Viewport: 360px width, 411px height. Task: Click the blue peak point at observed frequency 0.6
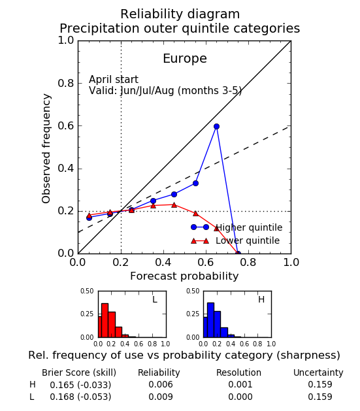coord(216,127)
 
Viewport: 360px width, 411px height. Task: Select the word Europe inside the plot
coord(185,59)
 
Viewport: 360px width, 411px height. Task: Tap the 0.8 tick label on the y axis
coord(66,84)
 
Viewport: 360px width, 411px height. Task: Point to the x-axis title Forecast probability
coord(184,276)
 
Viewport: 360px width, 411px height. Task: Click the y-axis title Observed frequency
coord(46,148)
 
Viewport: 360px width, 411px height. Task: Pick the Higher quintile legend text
coord(249,227)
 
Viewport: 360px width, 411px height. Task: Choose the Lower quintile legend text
coord(248,240)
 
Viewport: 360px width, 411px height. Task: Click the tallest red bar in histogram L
coord(105,320)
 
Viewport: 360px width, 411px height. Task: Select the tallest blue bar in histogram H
coord(210,320)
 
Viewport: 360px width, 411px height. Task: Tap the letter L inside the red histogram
coord(155,299)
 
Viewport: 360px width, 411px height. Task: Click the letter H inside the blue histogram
coord(261,299)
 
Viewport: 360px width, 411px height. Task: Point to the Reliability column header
coord(159,372)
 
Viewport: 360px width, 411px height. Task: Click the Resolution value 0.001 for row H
coord(240,384)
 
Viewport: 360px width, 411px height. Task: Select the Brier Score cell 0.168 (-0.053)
coord(80,397)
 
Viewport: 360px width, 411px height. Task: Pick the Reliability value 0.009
coord(161,397)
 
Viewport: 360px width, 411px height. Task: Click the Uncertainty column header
coord(318,372)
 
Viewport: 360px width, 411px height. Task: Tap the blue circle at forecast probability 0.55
coord(195,183)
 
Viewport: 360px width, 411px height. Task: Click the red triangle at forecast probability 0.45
coord(174,205)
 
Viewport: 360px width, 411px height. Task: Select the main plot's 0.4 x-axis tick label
coord(163,262)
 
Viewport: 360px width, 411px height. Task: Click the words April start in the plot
coord(114,80)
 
